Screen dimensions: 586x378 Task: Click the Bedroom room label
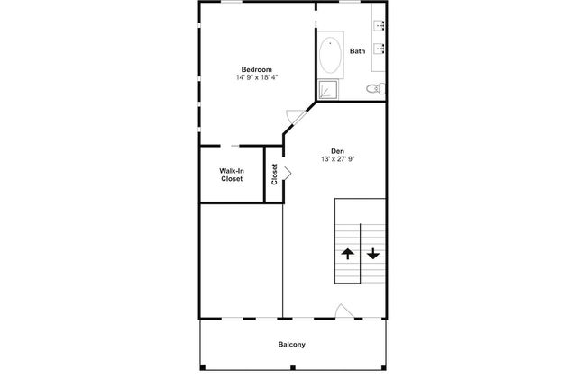pyautogui.click(x=256, y=69)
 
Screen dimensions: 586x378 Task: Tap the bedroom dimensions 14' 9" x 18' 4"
pyautogui.click(x=256, y=77)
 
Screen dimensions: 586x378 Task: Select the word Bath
pyautogui.click(x=357, y=51)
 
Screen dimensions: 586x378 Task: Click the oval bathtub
pyautogui.click(x=330, y=55)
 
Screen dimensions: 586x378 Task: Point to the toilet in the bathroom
pyautogui.click(x=376, y=89)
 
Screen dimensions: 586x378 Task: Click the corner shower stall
pyautogui.click(x=328, y=90)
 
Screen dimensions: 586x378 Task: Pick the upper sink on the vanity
pyautogui.click(x=380, y=25)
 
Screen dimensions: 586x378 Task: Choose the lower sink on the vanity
pyautogui.click(x=380, y=49)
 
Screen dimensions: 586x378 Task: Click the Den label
pyautogui.click(x=337, y=151)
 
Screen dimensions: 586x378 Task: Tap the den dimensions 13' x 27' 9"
pyautogui.click(x=337, y=159)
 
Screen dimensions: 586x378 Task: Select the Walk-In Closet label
pyautogui.click(x=232, y=175)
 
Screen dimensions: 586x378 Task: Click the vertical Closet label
pyautogui.click(x=274, y=175)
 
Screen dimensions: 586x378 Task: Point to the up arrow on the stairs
pyautogui.click(x=348, y=254)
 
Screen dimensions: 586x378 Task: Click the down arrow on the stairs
pyautogui.click(x=373, y=254)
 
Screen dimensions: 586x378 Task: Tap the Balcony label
pyautogui.click(x=291, y=345)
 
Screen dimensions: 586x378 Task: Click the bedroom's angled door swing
pyautogui.click(x=294, y=115)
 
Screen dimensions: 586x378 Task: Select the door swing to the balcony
pyautogui.click(x=343, y=310)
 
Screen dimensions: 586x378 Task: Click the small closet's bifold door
pyautogui.click(x=288, y=173)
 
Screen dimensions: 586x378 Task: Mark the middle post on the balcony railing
pyautogui.click(x=293, y=368)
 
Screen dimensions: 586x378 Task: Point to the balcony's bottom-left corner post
pyautogui.click(x=203, y=367)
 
